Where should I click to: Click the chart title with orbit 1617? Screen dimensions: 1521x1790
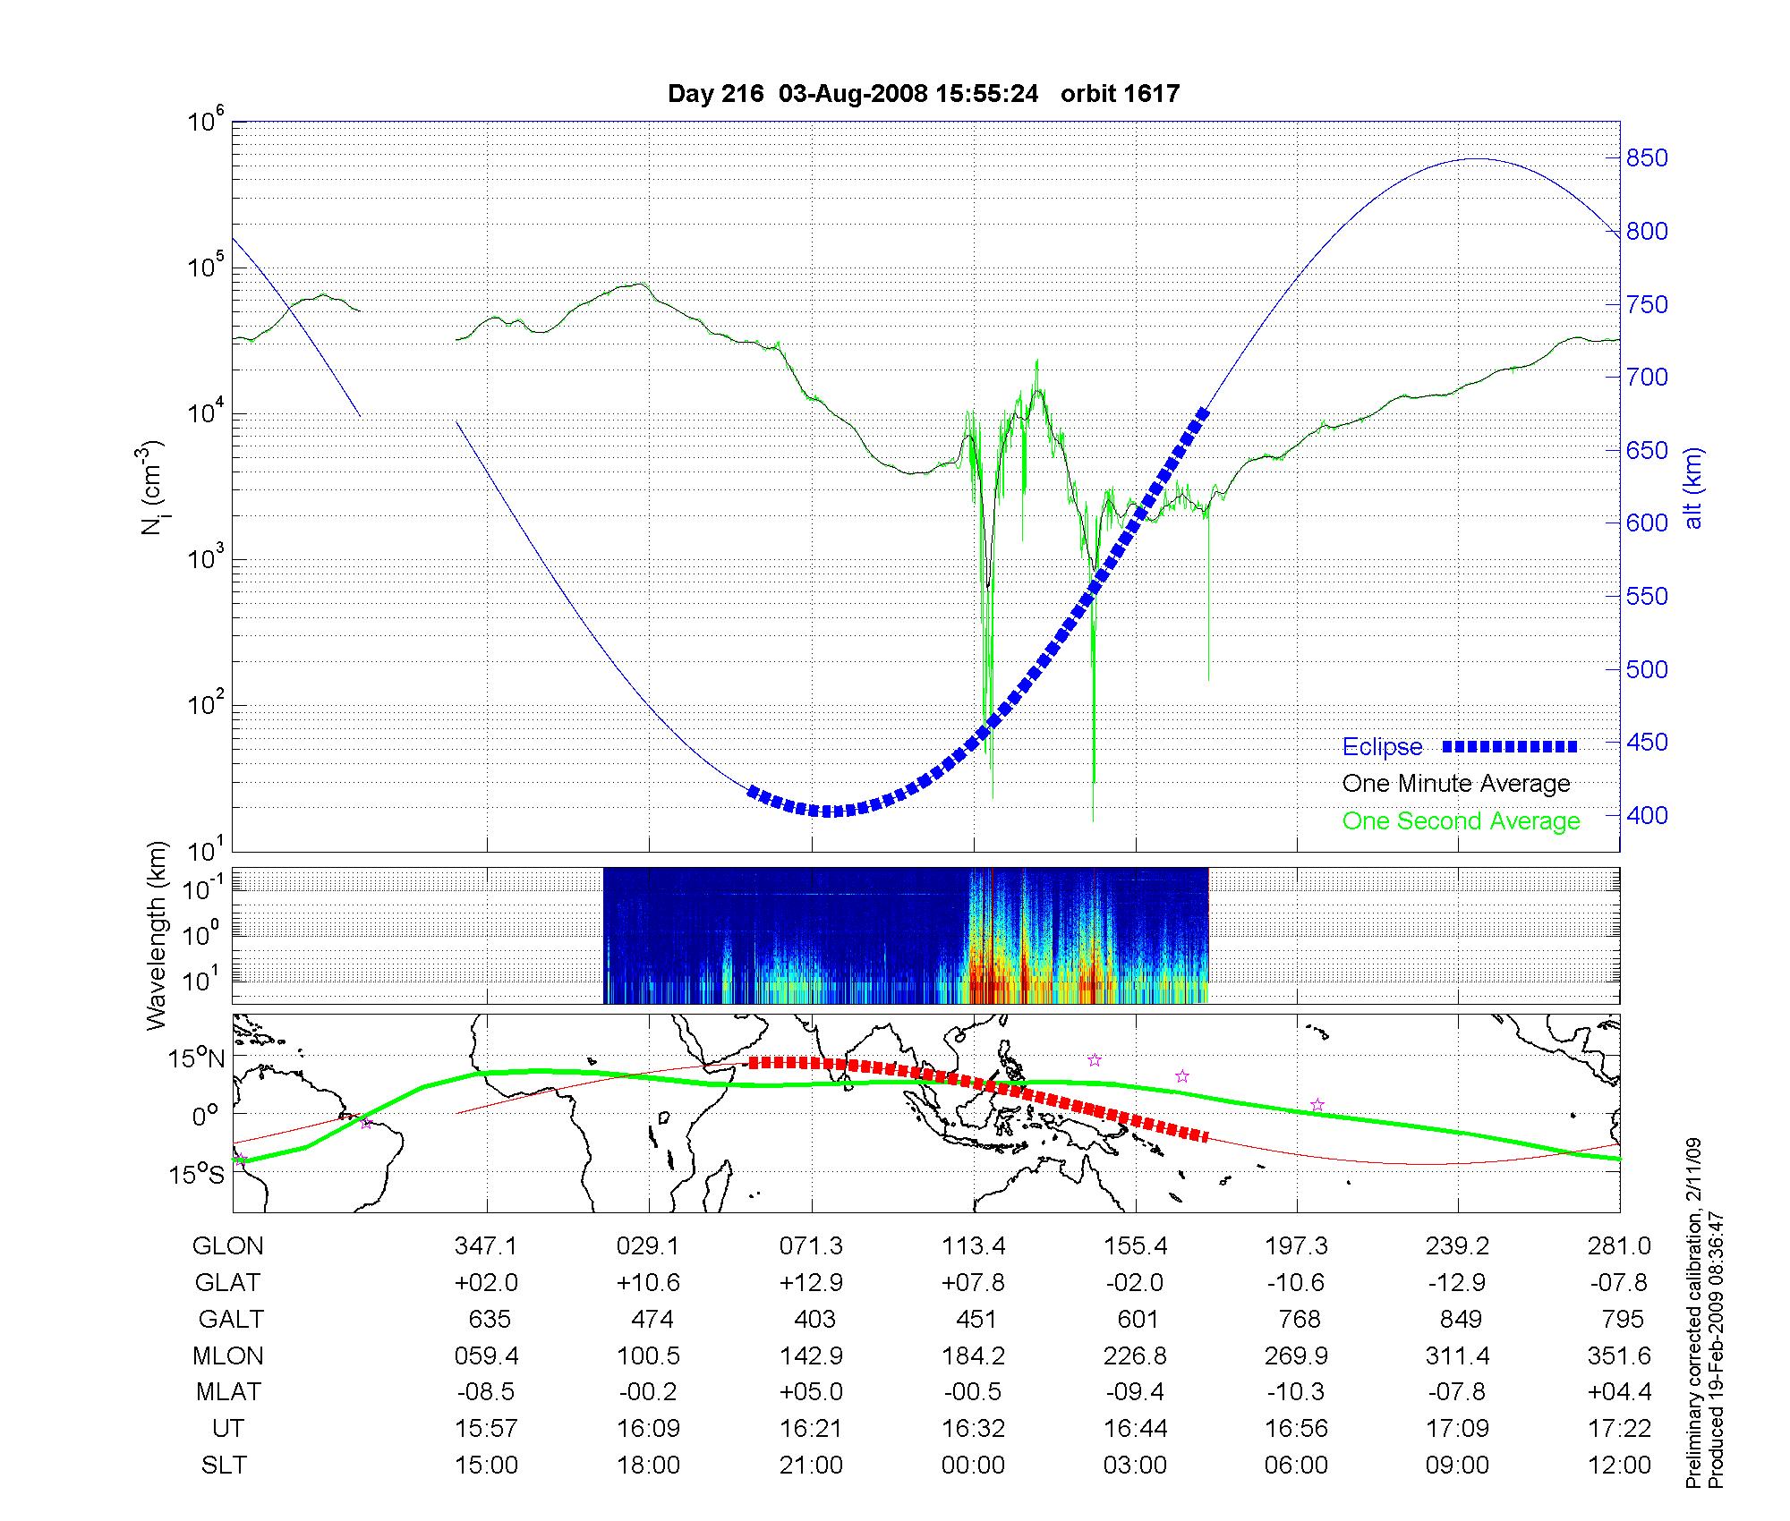tap(924, 94)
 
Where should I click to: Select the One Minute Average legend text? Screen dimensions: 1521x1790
tap(1456, 784)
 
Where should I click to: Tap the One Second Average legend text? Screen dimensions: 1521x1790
tap(1461, 821)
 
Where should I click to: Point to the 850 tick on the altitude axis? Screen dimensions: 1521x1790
tap(1648, 158)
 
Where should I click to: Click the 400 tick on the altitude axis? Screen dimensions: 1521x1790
tap(1648, 816)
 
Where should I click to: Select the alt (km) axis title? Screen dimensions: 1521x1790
tap(1692, 488)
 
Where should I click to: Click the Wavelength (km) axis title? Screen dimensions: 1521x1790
tap(157, 935)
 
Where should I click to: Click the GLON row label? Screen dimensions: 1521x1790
tap(228, 1246)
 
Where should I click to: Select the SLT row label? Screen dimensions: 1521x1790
tap(224, 1466)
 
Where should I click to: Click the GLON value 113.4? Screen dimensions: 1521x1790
tap(973, 1246)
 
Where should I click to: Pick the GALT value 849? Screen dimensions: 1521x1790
tap(1459, 1320)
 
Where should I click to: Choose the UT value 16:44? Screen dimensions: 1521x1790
tap(1135, 1429)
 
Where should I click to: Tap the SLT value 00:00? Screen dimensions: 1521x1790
tap(973, 1466)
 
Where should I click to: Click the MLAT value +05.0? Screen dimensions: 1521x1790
tap(811, 1392)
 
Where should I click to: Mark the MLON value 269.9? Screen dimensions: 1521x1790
tap(1297, 1356)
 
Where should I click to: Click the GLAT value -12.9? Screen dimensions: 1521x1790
tap(1458, 1283)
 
